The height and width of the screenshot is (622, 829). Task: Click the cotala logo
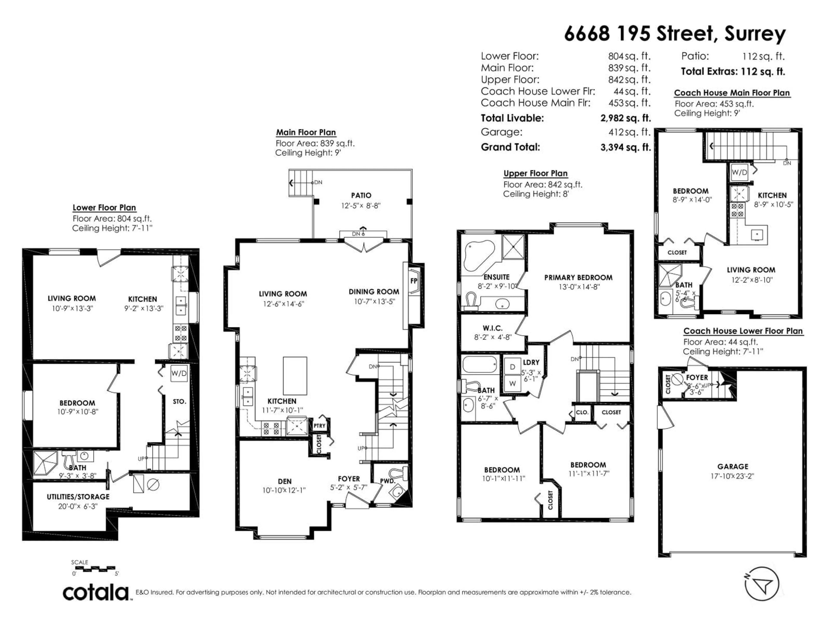[96, 593]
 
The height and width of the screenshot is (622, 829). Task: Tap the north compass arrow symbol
[762, 584]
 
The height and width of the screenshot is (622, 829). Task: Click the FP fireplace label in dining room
[414, 281]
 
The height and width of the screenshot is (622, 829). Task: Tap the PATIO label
[361, 195]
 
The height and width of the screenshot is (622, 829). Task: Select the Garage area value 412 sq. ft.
[629, 132]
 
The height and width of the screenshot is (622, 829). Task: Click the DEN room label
[285, 481]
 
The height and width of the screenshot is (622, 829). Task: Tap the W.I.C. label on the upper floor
[493, 328]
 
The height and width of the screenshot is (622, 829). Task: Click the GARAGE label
[733, 467]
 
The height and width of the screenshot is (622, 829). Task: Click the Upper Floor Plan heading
[535, 174]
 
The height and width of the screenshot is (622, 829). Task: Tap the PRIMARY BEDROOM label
[578, 278]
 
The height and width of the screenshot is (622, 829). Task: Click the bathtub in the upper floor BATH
[480, 364]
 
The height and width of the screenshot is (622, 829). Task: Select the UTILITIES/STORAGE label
[78, 497]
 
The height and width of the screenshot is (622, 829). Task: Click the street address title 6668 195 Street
[675, 34]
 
